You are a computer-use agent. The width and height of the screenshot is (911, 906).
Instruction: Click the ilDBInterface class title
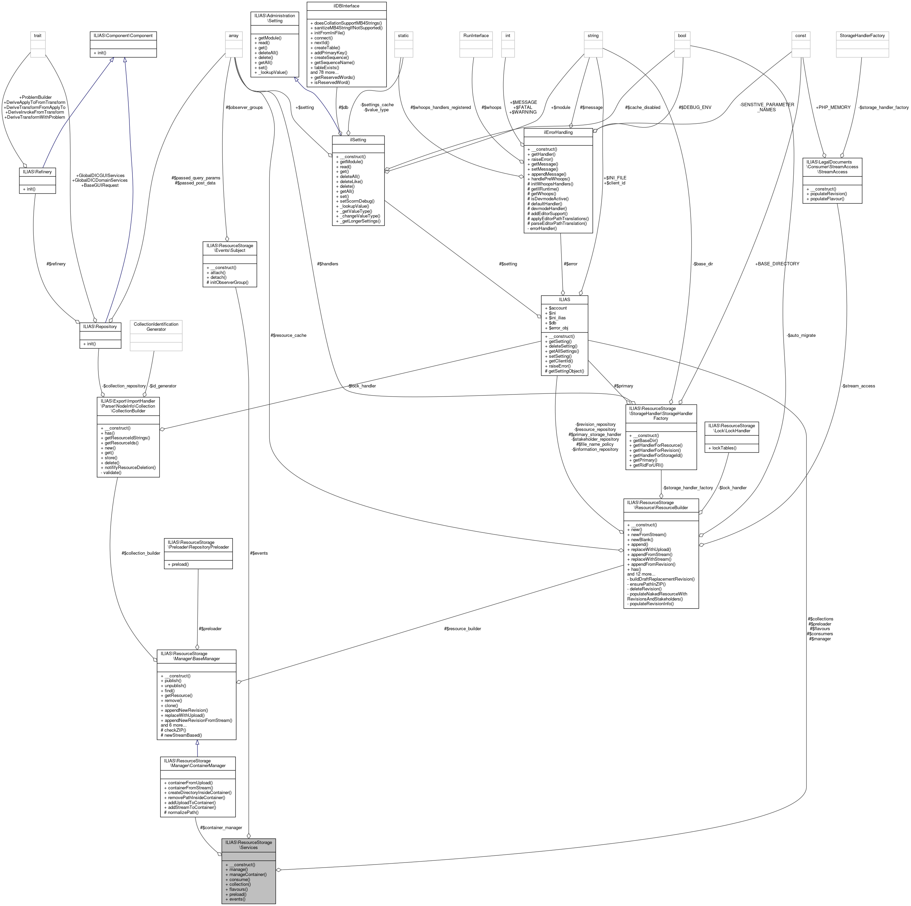[346, 6]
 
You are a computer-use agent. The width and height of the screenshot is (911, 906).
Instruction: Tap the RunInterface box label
[476, 36]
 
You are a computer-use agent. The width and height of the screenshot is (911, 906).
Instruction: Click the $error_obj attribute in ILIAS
[558, 328]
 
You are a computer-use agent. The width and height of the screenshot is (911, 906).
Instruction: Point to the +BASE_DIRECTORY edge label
[777, 264]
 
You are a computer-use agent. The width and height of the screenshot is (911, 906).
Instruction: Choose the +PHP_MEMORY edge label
[833, 108]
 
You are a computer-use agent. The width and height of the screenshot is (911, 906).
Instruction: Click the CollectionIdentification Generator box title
[156, 326]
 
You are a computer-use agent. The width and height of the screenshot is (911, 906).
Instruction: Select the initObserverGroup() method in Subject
[228, 283]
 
